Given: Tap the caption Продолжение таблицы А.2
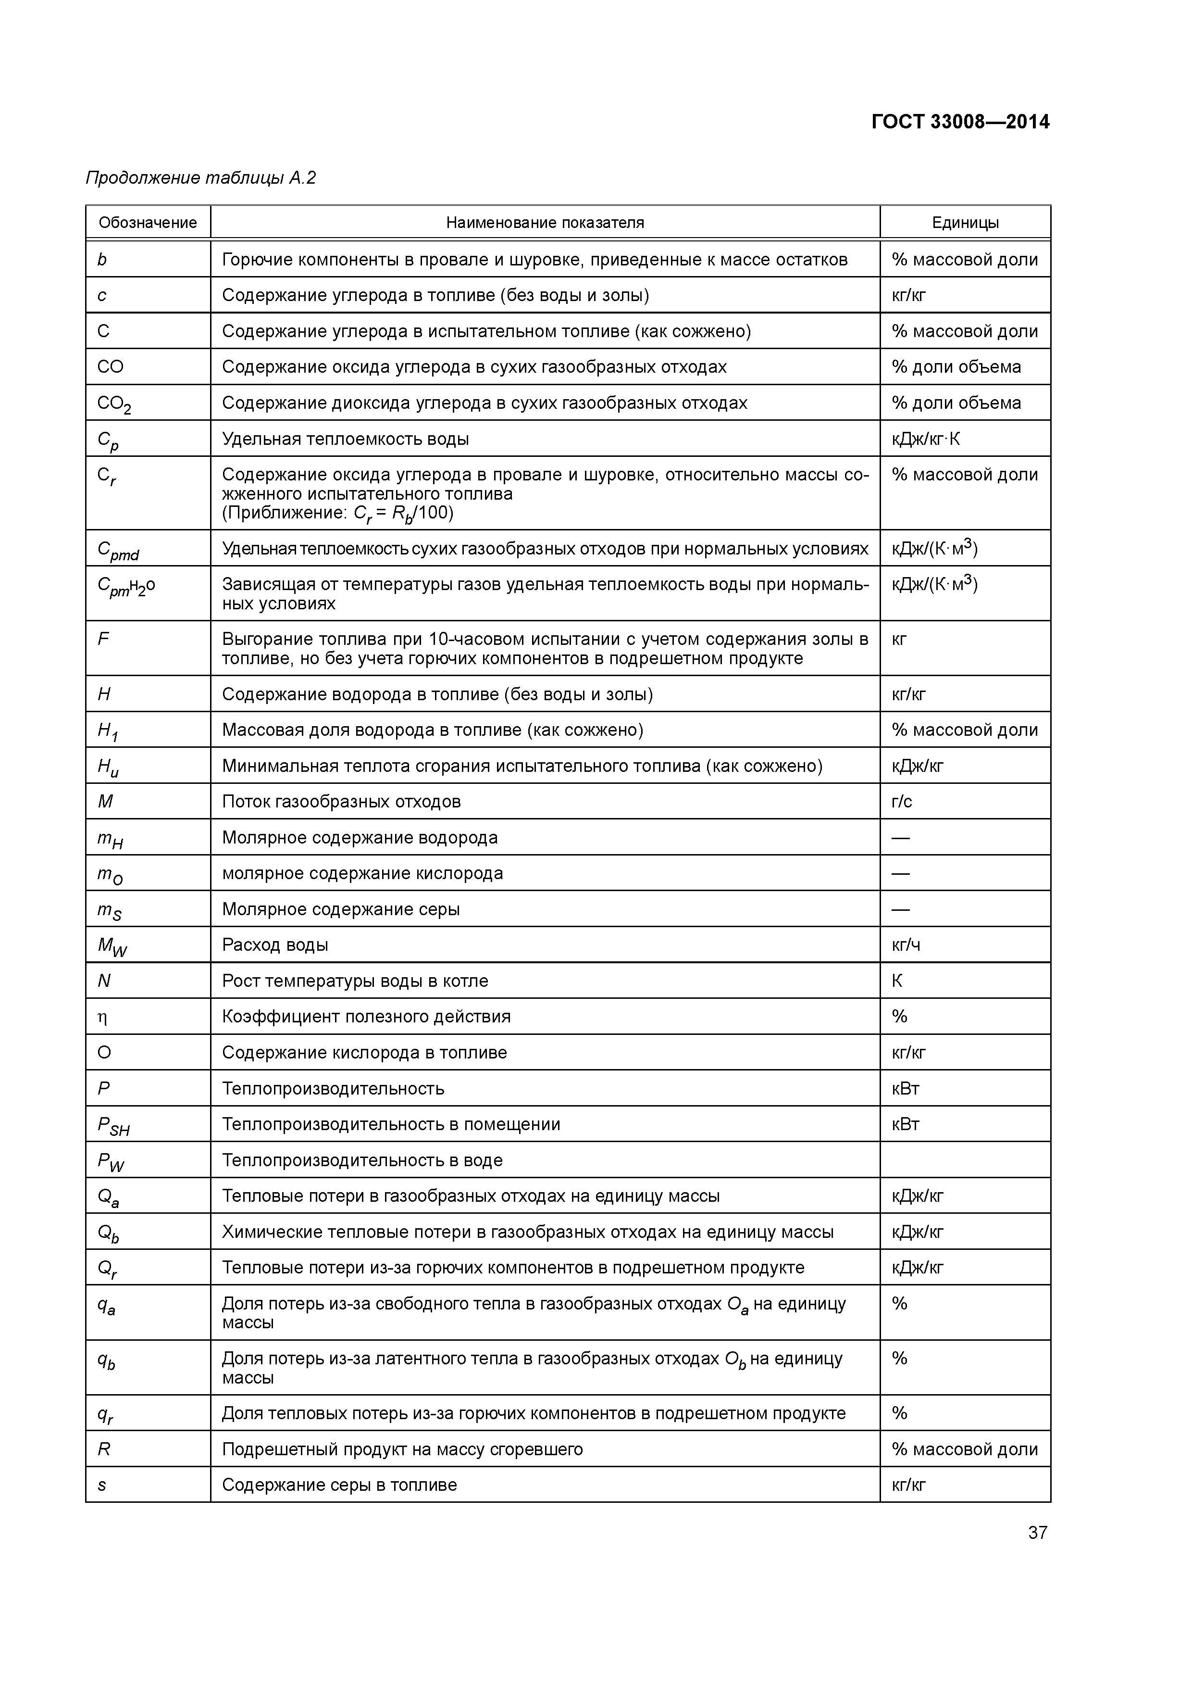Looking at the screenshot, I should click(200, 178).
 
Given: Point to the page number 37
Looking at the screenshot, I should click(1037, 1533).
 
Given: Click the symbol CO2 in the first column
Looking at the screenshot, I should click(114, 404).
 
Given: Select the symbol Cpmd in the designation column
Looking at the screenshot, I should click(117, 550).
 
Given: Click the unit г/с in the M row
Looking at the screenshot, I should click(902, 802).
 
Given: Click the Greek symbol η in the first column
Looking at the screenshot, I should click(103, 1018).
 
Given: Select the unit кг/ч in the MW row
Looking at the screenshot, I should click(906, 945).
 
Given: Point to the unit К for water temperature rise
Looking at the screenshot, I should click(897, 981).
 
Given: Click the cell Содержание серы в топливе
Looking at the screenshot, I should click(339, 1485).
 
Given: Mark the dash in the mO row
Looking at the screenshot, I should click(900, 874).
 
